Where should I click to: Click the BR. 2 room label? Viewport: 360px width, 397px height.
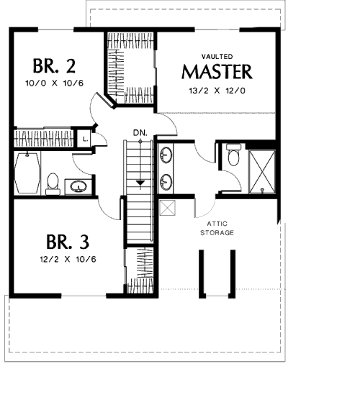tap(54, 66)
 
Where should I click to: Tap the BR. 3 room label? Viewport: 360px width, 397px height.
tap(68, 242)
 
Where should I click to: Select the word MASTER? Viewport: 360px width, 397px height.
tap(217, 72)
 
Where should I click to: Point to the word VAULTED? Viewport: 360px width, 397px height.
tap(217, 56)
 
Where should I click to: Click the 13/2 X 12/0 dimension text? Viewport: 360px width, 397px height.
tap(217, 91)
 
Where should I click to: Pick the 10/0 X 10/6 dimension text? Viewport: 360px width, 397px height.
tap(54, 83)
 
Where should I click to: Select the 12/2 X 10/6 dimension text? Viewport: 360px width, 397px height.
tap(68, 259)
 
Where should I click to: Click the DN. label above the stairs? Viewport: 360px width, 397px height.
tap(140, 132)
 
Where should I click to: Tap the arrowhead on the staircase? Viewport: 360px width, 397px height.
tap(140, 183)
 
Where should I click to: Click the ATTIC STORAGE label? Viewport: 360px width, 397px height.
tap(217, 228)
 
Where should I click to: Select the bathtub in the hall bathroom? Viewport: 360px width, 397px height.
tap(27, 173)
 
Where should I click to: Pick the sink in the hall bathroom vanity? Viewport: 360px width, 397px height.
tap(78, 186)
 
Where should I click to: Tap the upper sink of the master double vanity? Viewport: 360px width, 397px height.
tap(166, 155)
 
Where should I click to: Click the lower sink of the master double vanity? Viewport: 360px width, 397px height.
tap(166, 181)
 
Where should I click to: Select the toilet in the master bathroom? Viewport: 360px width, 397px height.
tap(233, 155)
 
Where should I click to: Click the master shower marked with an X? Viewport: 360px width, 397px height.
tap(262, 172)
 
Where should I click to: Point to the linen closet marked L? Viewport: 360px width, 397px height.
tap(85, 139)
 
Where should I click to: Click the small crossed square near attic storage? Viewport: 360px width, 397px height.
tap(167, 208)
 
